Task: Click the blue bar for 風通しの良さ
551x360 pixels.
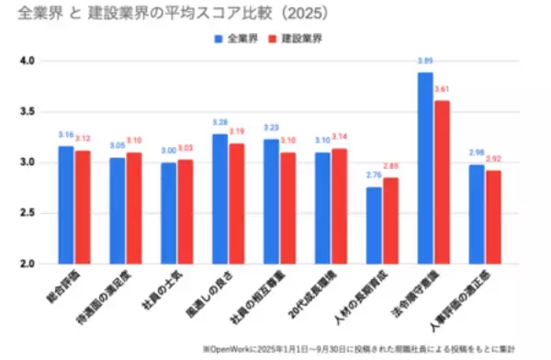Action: tap(219, 199)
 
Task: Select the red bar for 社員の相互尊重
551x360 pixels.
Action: tap(287, 208)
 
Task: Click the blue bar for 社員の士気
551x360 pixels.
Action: tap(168, 213)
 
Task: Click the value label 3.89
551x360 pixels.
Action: tap(425, 62)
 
